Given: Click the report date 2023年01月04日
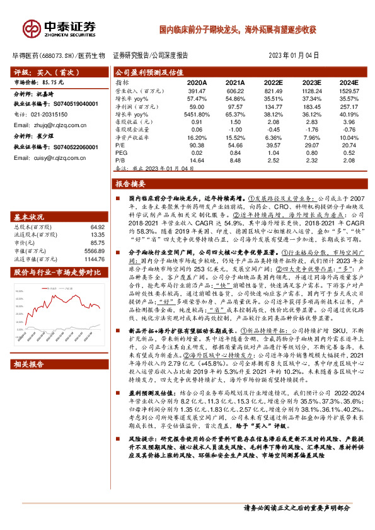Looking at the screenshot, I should (294, 55).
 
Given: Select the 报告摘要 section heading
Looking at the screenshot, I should (130, 184).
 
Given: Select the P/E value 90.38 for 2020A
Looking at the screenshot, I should (197, 144).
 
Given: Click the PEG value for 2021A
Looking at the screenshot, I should (236, 153).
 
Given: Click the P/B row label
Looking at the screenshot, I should (120, 162).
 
